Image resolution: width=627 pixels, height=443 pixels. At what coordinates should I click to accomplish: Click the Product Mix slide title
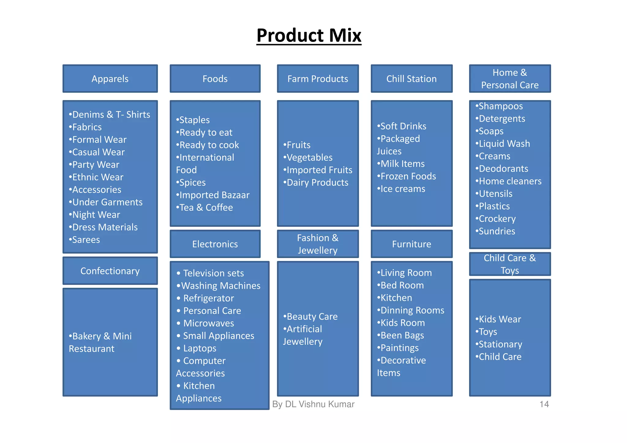click(309, 36)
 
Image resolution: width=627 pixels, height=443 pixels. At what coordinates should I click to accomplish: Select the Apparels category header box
click(110, 79)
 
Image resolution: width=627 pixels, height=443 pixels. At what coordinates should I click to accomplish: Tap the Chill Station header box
click(411, 79)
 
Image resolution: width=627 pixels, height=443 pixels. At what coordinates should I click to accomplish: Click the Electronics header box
click(215, 244)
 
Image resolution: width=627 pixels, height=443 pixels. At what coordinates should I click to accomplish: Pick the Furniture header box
click(411, 244)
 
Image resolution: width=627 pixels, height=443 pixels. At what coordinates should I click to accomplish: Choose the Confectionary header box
click(110, 271)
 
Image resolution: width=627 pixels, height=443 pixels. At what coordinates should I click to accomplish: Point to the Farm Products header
click(317, 79)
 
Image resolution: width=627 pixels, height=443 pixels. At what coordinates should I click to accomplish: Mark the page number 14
click(544, 404)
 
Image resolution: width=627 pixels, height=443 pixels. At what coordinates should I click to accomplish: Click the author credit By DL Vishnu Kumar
click(313, 404)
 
